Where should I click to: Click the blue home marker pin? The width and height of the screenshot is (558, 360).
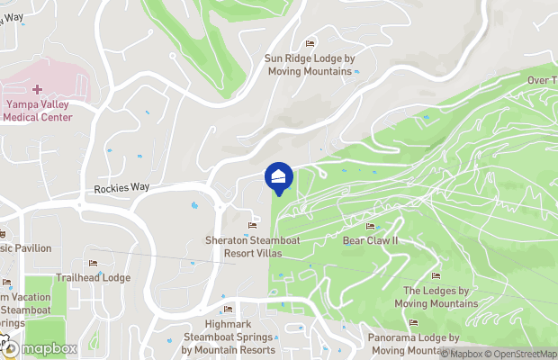coord(279,177)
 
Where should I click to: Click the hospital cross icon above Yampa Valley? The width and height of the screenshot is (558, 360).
coord(37,88)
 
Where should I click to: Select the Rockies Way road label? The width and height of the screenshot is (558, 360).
coord(121,189)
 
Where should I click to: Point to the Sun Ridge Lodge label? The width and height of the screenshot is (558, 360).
coord(310,65)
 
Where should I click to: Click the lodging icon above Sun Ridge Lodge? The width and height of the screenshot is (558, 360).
coord(310,43)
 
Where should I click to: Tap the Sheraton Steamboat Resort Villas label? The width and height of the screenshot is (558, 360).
coord(252,247)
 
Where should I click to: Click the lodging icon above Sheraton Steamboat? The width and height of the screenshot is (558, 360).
coord(252,225)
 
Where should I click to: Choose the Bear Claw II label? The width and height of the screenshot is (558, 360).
coord(370,241)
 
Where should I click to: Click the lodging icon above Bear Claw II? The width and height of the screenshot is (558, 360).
coord(371,227)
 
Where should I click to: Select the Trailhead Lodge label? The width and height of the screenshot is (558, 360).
coord(93,278)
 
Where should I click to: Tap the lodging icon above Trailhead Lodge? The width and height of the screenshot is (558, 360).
coord(93,263)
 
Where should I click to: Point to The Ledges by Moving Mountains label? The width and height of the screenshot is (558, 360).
coord(436,297)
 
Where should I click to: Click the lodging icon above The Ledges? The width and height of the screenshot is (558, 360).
coord(436,276)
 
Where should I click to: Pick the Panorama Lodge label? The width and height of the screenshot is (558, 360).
coord(414,344)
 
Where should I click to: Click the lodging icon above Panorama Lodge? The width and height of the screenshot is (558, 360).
coord(414,323)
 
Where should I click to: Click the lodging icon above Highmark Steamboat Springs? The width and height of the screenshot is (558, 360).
coord(228,311)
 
